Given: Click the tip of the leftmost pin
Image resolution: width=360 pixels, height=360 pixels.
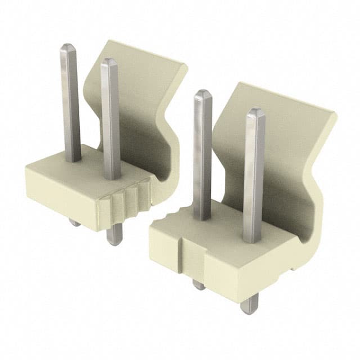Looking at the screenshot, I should click(68, 46).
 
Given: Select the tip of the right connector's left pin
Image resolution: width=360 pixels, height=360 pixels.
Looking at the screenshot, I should click(202, 93).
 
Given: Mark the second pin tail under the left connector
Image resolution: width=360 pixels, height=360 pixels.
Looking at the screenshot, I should click(114, 236).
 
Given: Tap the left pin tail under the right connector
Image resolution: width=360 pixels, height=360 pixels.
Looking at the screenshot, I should click(199, 284).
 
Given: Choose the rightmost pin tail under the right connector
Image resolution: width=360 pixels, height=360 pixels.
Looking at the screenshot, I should click(248, 305).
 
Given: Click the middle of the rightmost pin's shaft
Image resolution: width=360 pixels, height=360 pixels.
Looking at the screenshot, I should click(254, 174).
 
